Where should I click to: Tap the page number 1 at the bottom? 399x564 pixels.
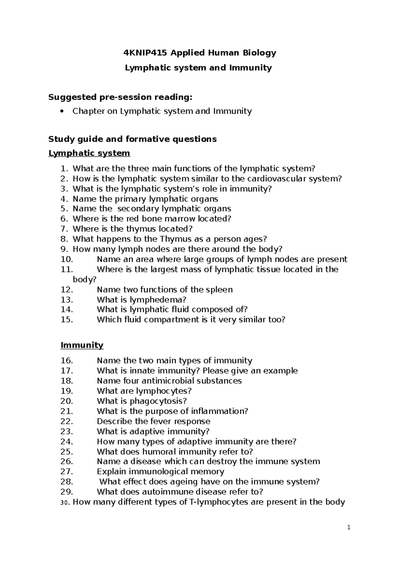[349, 527]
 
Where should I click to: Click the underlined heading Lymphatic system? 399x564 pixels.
[89, 153]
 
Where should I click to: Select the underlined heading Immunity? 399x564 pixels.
[82, 345]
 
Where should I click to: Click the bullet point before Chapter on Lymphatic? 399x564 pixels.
[60, 112]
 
